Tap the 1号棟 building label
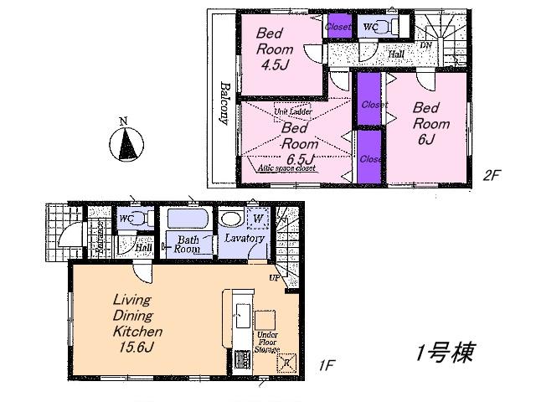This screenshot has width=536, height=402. coord(445,353)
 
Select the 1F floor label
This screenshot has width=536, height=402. coord(327,366)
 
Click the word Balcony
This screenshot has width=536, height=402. coord(225,102)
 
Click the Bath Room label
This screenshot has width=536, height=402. coord(186,244)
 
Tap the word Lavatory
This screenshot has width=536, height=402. coord(245,239)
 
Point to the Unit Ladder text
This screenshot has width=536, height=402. coord(291,111)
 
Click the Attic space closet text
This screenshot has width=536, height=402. coord(286,168)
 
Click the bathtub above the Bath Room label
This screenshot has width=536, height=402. coord(187,219)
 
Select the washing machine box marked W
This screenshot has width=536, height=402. coord(259,219)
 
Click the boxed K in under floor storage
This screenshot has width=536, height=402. coord(286,363)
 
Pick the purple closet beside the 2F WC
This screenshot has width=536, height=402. coord(339,27)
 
